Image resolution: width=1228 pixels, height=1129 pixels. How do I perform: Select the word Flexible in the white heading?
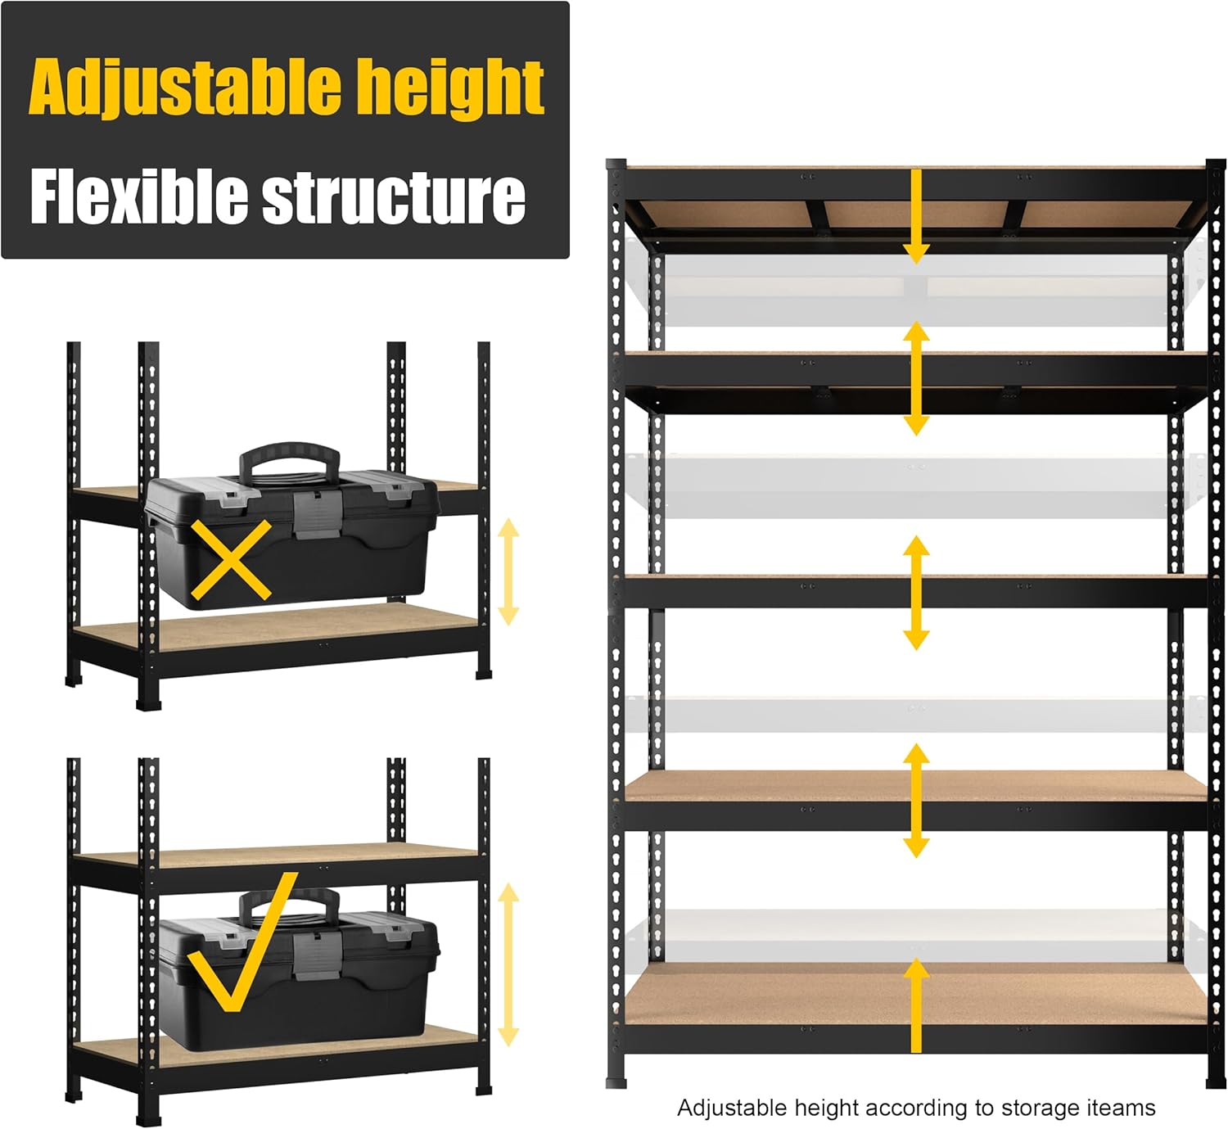click(x=138, y=196)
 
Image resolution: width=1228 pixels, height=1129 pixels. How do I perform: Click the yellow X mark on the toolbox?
click(x=231, y=560)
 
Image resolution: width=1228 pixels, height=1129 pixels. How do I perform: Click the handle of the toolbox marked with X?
click(x=290, y=458)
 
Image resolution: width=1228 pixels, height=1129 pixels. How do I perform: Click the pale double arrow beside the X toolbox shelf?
click(x=508, y=571)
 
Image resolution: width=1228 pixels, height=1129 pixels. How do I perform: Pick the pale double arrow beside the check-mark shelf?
click(x=508, y=964)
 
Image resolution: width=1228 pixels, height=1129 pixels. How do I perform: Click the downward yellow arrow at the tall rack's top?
click(x=916, y=216)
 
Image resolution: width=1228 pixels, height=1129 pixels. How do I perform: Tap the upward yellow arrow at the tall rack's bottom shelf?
click(x=916, y=1006)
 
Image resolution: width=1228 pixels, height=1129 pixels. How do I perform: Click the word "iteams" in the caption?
click(x=1121, y=1108)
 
